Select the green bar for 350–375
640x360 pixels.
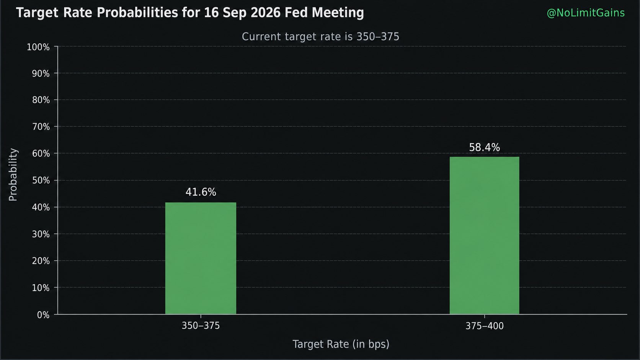(201, 258)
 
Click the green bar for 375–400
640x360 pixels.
(484, 236)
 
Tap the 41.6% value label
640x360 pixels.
(201, 192)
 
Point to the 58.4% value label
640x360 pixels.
(484, 148)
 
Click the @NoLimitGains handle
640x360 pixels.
(586, 13)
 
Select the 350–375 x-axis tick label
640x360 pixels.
(201, 326)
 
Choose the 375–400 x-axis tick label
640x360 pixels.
(484, 326)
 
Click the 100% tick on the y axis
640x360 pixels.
(38, 47)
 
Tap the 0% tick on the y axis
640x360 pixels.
(43, 315)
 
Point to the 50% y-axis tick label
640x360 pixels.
(41, 181)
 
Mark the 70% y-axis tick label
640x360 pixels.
(41, 127)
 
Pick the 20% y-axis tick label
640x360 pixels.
(41, 261)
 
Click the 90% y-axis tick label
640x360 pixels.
(41, 74)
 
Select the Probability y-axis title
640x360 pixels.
(13, 175)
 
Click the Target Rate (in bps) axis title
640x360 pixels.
(341, 344)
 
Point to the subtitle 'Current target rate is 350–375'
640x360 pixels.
(320, 37)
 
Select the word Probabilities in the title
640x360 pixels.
(137, 13)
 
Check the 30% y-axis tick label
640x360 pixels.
(41, 234)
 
